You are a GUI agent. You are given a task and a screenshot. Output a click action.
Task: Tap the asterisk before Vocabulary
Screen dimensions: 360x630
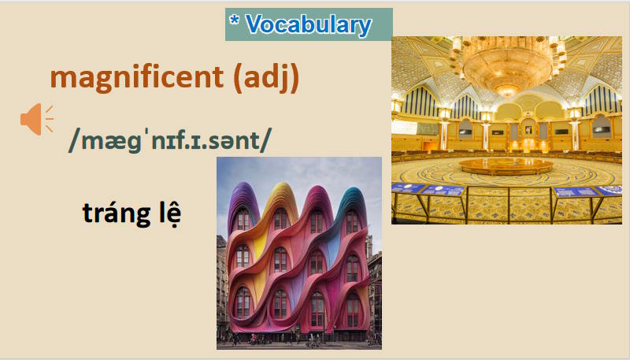click(234, 20)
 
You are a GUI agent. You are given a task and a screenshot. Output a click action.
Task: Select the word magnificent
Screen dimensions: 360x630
click(139, 79)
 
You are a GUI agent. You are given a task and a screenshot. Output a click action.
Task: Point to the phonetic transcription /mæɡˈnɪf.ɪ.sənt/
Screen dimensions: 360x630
click(170, 139)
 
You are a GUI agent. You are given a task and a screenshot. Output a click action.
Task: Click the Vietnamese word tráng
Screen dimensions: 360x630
click(113, 213)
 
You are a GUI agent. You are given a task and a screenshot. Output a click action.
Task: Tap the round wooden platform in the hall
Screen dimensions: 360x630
click(506, 166)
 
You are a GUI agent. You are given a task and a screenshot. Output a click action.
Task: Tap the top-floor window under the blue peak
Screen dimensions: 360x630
click(352, 221)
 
